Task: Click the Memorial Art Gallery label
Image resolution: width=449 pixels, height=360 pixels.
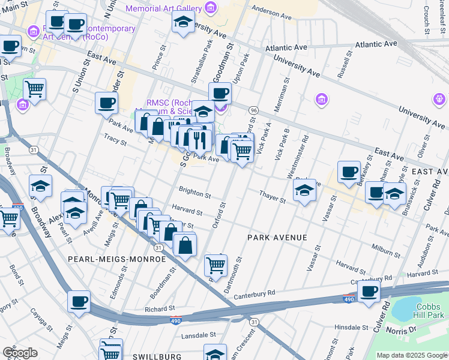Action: [x=164, y=8]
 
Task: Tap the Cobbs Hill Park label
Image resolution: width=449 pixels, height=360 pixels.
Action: [x=430, y=310]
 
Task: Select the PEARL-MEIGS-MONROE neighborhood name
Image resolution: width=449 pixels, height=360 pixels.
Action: [x=116, y=259]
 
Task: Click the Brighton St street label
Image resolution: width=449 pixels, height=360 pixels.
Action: [x=194, y=194]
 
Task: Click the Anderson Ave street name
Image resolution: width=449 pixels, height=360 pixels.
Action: [x=271, y=10]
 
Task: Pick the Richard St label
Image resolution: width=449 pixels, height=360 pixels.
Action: [x=159, y=310]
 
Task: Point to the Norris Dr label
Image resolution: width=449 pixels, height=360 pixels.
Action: [x=428, y=329]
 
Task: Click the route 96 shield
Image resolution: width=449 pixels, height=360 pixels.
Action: [x=254, y=110]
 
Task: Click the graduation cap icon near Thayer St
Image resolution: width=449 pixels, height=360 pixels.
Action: [x=304, y=191]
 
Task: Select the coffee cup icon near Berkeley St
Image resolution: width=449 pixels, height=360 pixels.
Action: [x=349, y=172]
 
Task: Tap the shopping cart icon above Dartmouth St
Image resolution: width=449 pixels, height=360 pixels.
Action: [x=215, y=264]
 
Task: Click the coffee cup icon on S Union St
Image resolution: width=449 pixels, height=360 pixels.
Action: [x=106, y=102]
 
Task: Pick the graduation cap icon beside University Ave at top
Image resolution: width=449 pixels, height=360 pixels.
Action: [x=183, y=23]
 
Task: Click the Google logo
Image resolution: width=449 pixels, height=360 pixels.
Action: [x=20, y=353]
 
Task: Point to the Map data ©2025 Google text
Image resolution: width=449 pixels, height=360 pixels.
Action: [x=411, y=355]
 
